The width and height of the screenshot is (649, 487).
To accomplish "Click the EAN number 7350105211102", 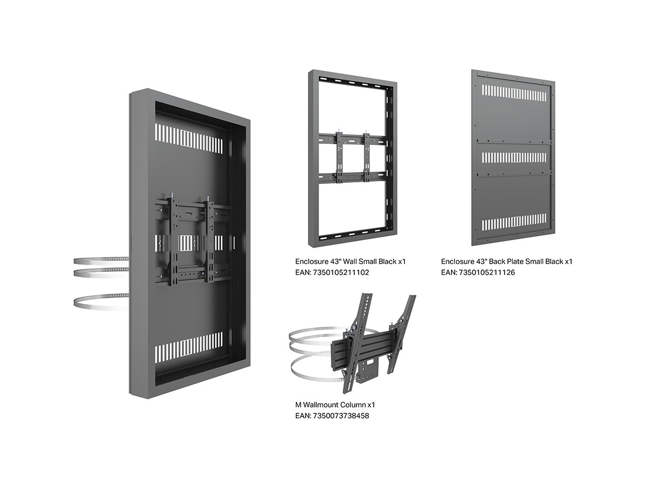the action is (x=340, y=272).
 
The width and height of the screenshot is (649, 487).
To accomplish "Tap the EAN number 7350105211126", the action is (x=486, y=272).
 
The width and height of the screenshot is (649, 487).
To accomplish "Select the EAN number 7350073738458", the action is (x=340, y=416).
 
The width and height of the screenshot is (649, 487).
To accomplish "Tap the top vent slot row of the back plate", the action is (x=514, y=93).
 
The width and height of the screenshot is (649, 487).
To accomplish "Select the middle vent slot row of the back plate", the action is (x=514, y=157).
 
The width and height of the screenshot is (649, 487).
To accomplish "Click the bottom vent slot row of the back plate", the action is (x=514, y=222).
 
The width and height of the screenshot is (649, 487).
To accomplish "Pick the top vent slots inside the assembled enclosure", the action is (x=189, y=139).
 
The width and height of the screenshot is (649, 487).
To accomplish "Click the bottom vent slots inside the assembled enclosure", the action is (x=189, y=347).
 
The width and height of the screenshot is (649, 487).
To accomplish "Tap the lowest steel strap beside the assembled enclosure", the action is (x=101, y=302).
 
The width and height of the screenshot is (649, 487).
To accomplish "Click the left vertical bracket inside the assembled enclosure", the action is (x=173, y=240).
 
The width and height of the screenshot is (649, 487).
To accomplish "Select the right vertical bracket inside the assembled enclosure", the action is (x=210, y=240).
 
